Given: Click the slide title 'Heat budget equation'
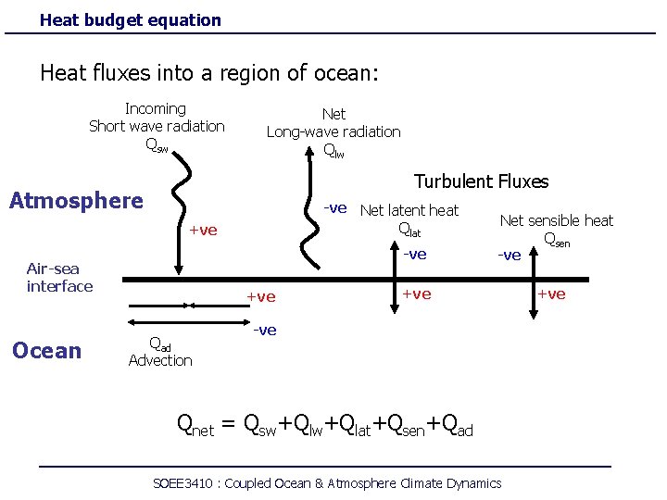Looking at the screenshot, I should pyautogui.click(x=131, y=19).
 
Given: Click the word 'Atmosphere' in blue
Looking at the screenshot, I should pyautogui.click(x=76, y=201).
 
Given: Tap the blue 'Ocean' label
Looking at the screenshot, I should pyautogui.click(x=46, y=350).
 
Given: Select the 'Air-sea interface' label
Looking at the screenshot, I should pyautogui.click(x=59, y=278).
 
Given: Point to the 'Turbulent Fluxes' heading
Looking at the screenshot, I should pyautogui.click(x=481, y=181).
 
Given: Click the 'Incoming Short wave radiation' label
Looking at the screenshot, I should pyautogui.click(x=157, y=126).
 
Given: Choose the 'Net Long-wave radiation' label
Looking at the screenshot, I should pyautogui.click(x=333, y=131).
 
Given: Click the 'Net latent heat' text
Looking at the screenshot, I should pyautogui.click(x=409, y=210).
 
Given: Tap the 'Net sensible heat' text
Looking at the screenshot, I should pyautogui.click(x=556, y=220).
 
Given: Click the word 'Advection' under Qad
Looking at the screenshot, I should pyautogui.click(x=160, y=360).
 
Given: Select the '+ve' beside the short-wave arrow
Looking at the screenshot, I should pyautogui.click(x=202, y=231).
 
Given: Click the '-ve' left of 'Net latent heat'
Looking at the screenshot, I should pyautogui.click(x=334, y=208).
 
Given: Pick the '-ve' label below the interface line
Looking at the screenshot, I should pyautogui.click(x=265, y=331).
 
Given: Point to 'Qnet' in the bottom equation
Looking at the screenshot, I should pyautogui.click(x=195, y=425).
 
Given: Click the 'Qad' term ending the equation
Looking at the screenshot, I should pyautogui.click(x=458, y=425).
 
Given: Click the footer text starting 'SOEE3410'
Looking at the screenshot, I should pyautogui.click(x=326, y=483).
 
